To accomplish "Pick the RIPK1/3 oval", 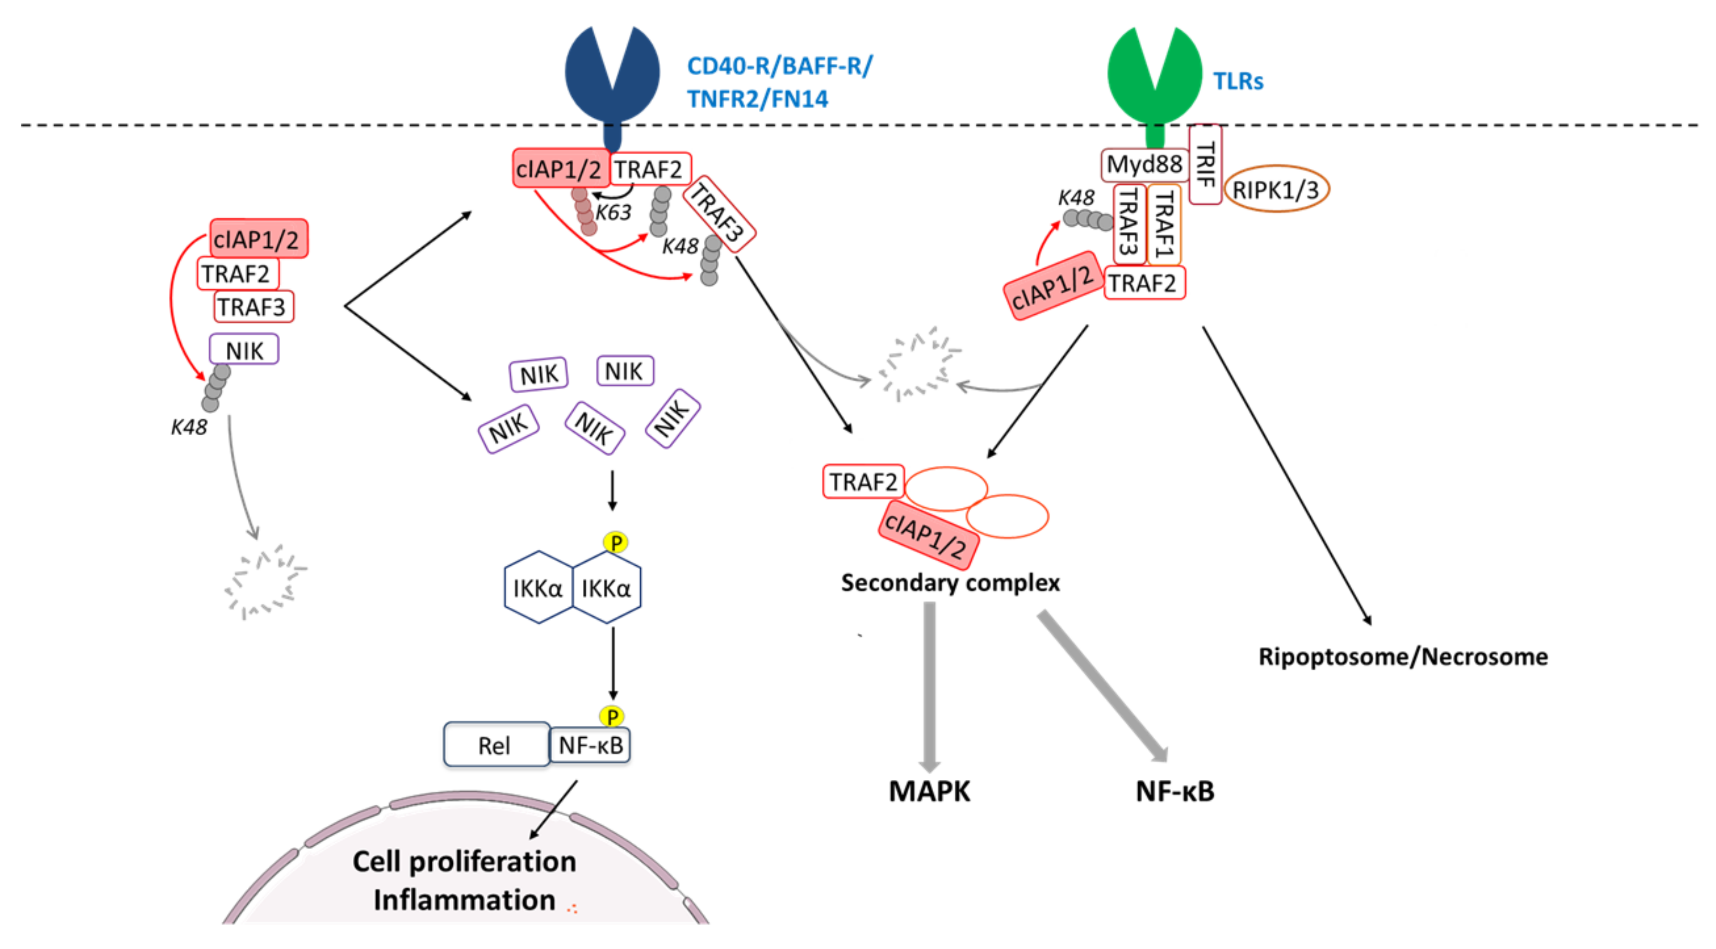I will pyautogui.click(x=1276, y=190).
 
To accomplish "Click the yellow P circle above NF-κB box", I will pyautogui.click(x=612, y=717).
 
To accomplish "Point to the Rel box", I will pyautogui.click(x=496, y=745).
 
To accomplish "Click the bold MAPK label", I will pyautogui.click(x=929, y=791).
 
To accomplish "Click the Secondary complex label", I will pyautogui.click(x=950, y=583).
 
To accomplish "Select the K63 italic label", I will pyautogui.click(x=613, y=213).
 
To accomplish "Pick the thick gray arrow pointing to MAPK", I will pyautogui.click(x=929, y=686).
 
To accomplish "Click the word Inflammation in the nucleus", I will pyautogui.click(x=464, y=900).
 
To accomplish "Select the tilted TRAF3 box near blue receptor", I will pyautogui.click(x=718, y=214).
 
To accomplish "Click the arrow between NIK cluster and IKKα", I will pyautogui.click(x=612, y=491).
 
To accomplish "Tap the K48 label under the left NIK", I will pyautogui.click(x=189, y=427).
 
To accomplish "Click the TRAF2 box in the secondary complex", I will pyautogui.click(x=863, y=481).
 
